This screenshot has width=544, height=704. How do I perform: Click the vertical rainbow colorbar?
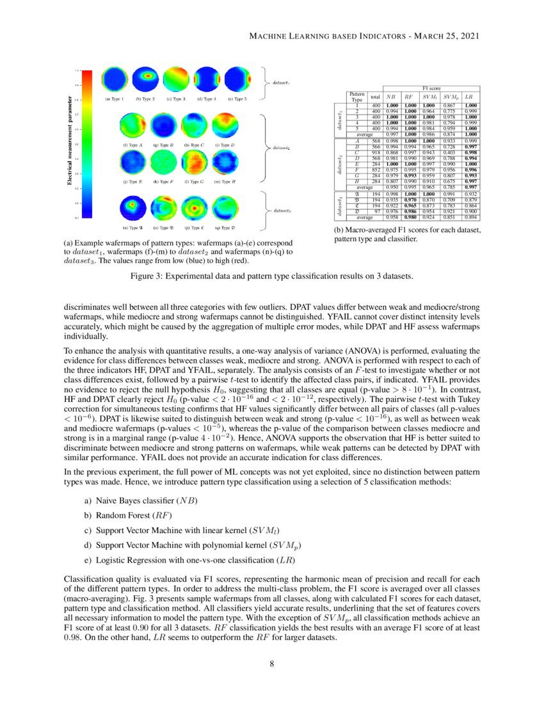click(x=88, y=145)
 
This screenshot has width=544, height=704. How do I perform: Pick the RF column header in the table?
click(x=409, y=97)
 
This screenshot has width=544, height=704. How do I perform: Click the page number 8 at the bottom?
click(x=272, y=663)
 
